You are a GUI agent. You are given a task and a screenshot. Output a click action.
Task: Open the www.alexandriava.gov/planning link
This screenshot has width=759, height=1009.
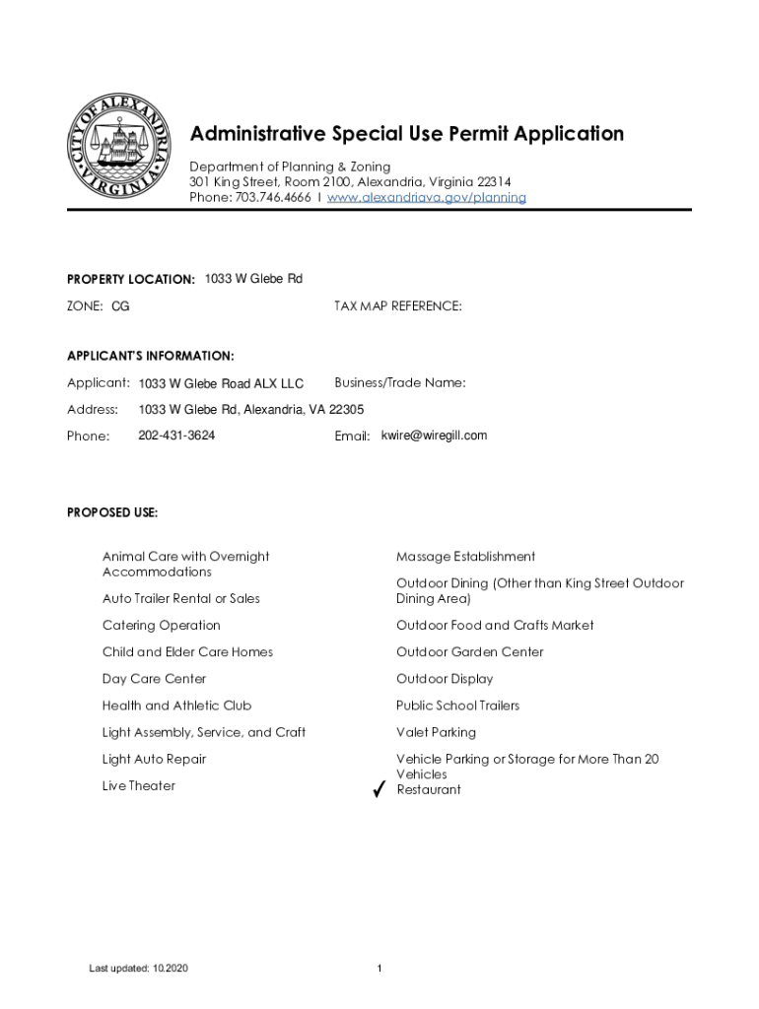pyautogui.click(x=427, y=197)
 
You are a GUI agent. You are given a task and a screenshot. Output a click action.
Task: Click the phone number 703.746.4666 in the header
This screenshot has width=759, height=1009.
pyautogui.click(x=273, y=197)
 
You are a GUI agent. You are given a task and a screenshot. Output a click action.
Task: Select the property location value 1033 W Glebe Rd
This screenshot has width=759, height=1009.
pyautogui.click(x=253, y=279)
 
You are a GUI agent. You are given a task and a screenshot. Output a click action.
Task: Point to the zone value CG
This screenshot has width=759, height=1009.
pyautogui.click(x=120, y=306)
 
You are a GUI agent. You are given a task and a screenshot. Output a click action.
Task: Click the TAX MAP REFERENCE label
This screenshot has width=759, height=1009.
pyautogui.click(x=398, y=306)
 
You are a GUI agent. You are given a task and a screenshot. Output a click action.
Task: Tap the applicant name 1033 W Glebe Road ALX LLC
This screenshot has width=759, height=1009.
pyautogui.click(x=221, y=383)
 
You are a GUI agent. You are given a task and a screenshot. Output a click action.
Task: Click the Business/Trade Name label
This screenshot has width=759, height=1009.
pyautogui.click(x=400, y=382)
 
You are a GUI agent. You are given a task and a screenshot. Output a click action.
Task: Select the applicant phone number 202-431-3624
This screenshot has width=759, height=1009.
pyautogui.click(x=176, y=436)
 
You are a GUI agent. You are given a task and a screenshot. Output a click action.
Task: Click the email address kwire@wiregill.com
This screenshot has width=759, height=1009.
pyautogui.click(x=434, y=436)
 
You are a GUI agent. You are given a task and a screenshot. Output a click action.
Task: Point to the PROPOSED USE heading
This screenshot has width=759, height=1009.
pyautogui.click(x=112, y=512)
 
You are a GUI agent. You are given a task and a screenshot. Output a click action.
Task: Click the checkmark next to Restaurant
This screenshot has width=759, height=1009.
pyautogui.click(x=379, y=790)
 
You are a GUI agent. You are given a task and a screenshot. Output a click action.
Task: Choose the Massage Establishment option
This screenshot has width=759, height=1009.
pyautogui.click(x=465, y=557)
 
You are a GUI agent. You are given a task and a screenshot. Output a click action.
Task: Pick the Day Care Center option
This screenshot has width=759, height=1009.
pyautogui.click(x=153, y=679)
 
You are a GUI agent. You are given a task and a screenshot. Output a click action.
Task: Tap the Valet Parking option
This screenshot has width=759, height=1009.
pyautogui.click(x=436, y=732)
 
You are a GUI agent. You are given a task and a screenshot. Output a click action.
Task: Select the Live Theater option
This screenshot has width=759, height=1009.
pyautogui.click(x=139, y=785)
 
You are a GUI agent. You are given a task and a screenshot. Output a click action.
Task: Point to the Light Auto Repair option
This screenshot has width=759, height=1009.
pyautogui.click(x=154, y=759)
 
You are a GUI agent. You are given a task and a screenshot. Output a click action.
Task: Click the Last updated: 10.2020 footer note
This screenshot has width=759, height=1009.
pyautogui.click(x=138, y=969)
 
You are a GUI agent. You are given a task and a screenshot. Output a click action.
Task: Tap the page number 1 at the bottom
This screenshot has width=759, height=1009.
pyautogui.click(x=379, y=969)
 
